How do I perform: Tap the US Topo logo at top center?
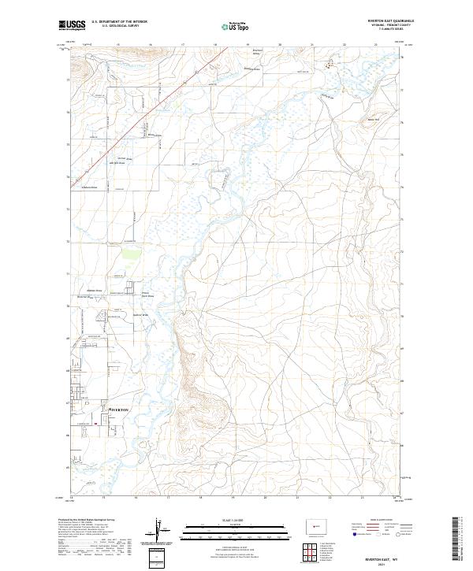[x=236, y=26]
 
